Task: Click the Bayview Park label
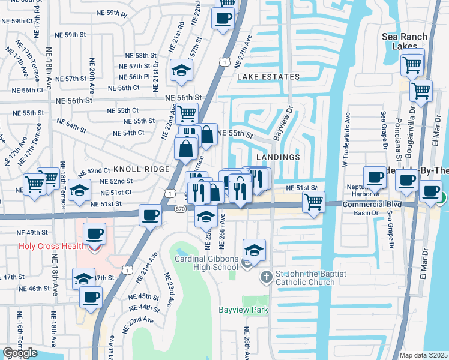coord(243,310)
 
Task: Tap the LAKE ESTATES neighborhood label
coord(268,77)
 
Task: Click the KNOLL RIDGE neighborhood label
coord(142,169)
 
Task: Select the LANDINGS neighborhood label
coord(277,157)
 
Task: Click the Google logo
coord(20,353)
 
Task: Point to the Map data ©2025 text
coord(423,355)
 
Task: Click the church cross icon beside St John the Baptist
coord(266,277)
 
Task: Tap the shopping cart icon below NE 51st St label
coord(313,202)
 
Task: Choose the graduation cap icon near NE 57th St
coord(181,70)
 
